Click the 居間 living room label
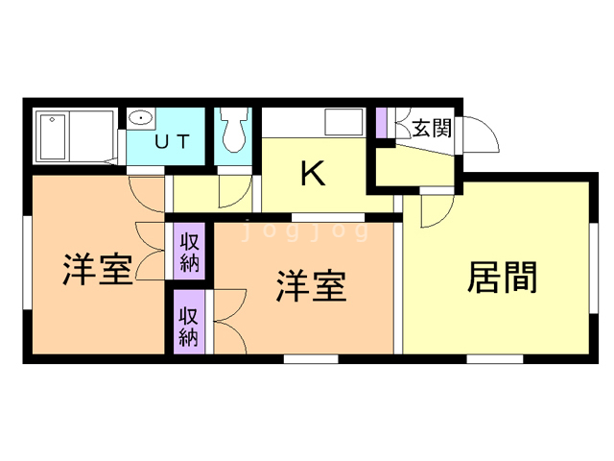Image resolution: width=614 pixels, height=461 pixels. click(x=502, y=278)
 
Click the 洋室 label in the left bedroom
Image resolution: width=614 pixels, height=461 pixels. click(x=97, y=269)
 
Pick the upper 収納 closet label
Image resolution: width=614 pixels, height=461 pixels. click(x=188, y=252)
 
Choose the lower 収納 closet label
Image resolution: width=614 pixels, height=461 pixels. click(x=188, y=325)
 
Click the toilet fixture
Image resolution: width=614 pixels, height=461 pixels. click(x=232, y=131)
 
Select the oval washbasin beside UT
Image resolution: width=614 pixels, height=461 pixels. click(x=141, y=119)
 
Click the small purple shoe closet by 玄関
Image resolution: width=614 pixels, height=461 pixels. click(x=381, y=123)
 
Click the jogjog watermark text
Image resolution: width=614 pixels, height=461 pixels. click(x=305, y=231)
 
